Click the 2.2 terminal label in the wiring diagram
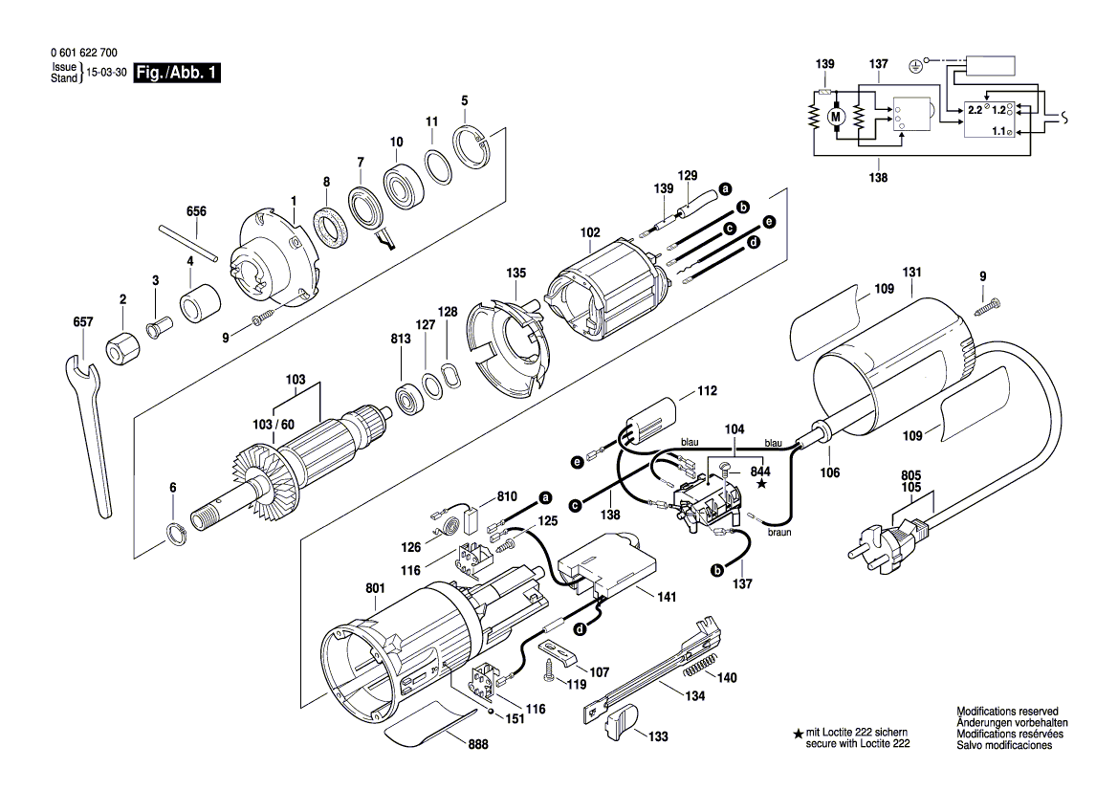(975, 111)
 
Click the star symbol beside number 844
(761, 485)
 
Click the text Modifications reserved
(1007, 712)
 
